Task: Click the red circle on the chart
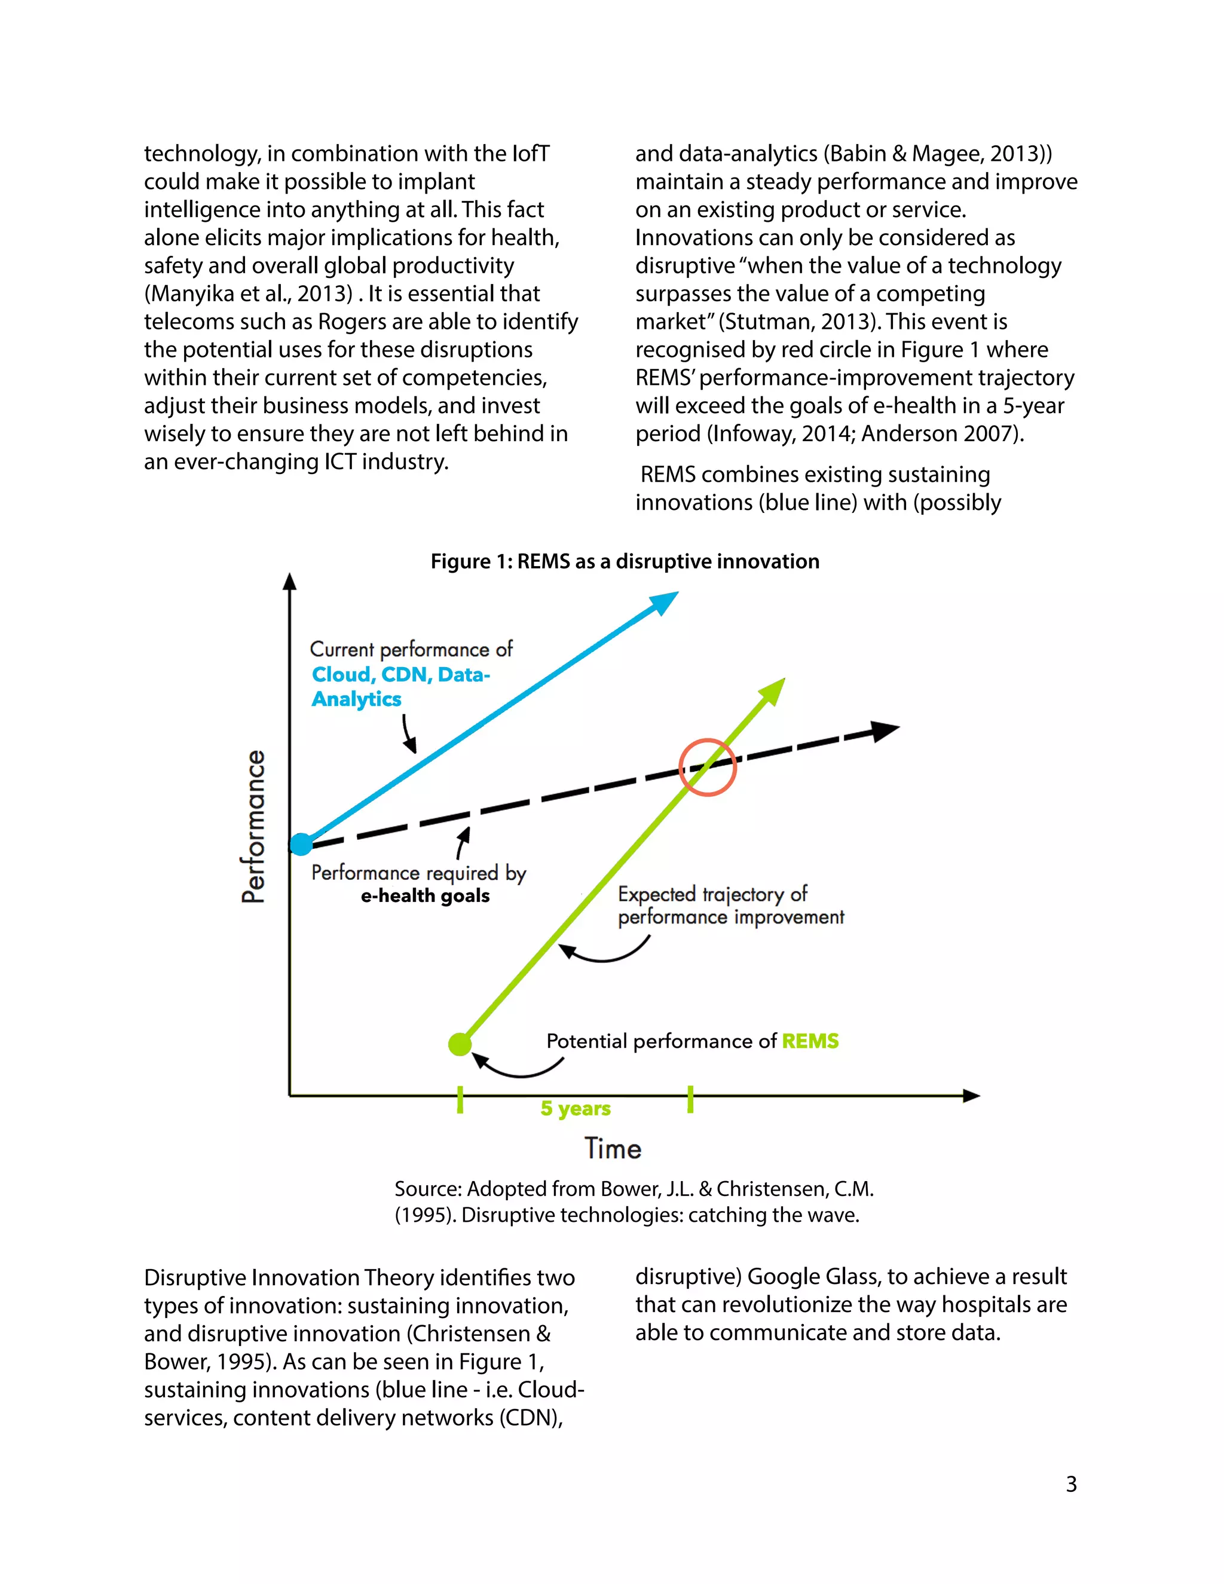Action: coord(708,767)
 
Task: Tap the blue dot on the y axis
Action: coord(301,844)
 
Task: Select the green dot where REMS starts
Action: coord(460,1044)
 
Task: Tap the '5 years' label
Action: coord(575,1109)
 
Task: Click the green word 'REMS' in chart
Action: coord(810,1041)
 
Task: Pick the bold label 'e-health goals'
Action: coord(425,896)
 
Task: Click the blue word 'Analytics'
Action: coord(356,699)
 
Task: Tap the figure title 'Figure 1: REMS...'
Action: coord(625,561)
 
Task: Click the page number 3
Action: coord(1071,1484)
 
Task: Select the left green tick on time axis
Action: coord(460,1099)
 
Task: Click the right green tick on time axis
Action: coord(690,1099)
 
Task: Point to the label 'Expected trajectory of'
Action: coord(712,894)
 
